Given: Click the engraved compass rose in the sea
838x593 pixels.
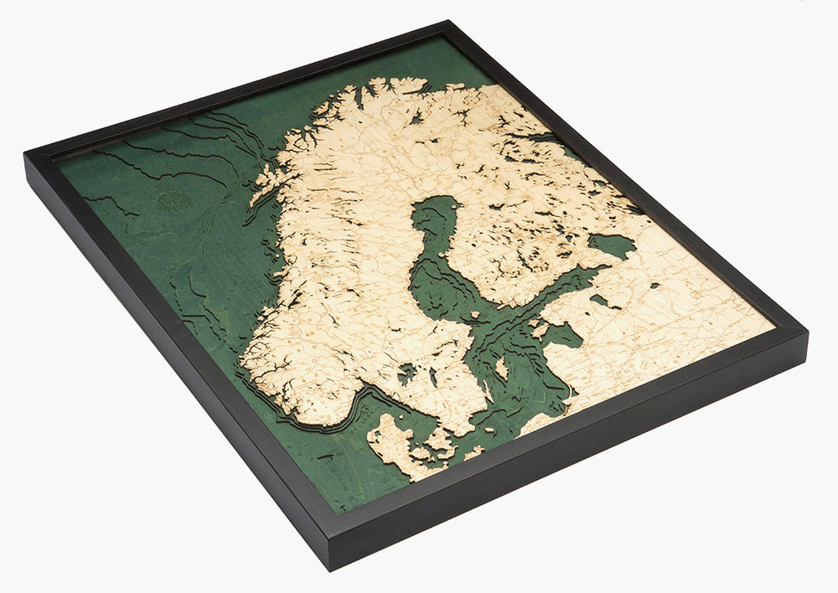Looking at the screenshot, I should tap(172, 199).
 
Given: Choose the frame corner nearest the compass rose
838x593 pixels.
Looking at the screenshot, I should tap(29, 156).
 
